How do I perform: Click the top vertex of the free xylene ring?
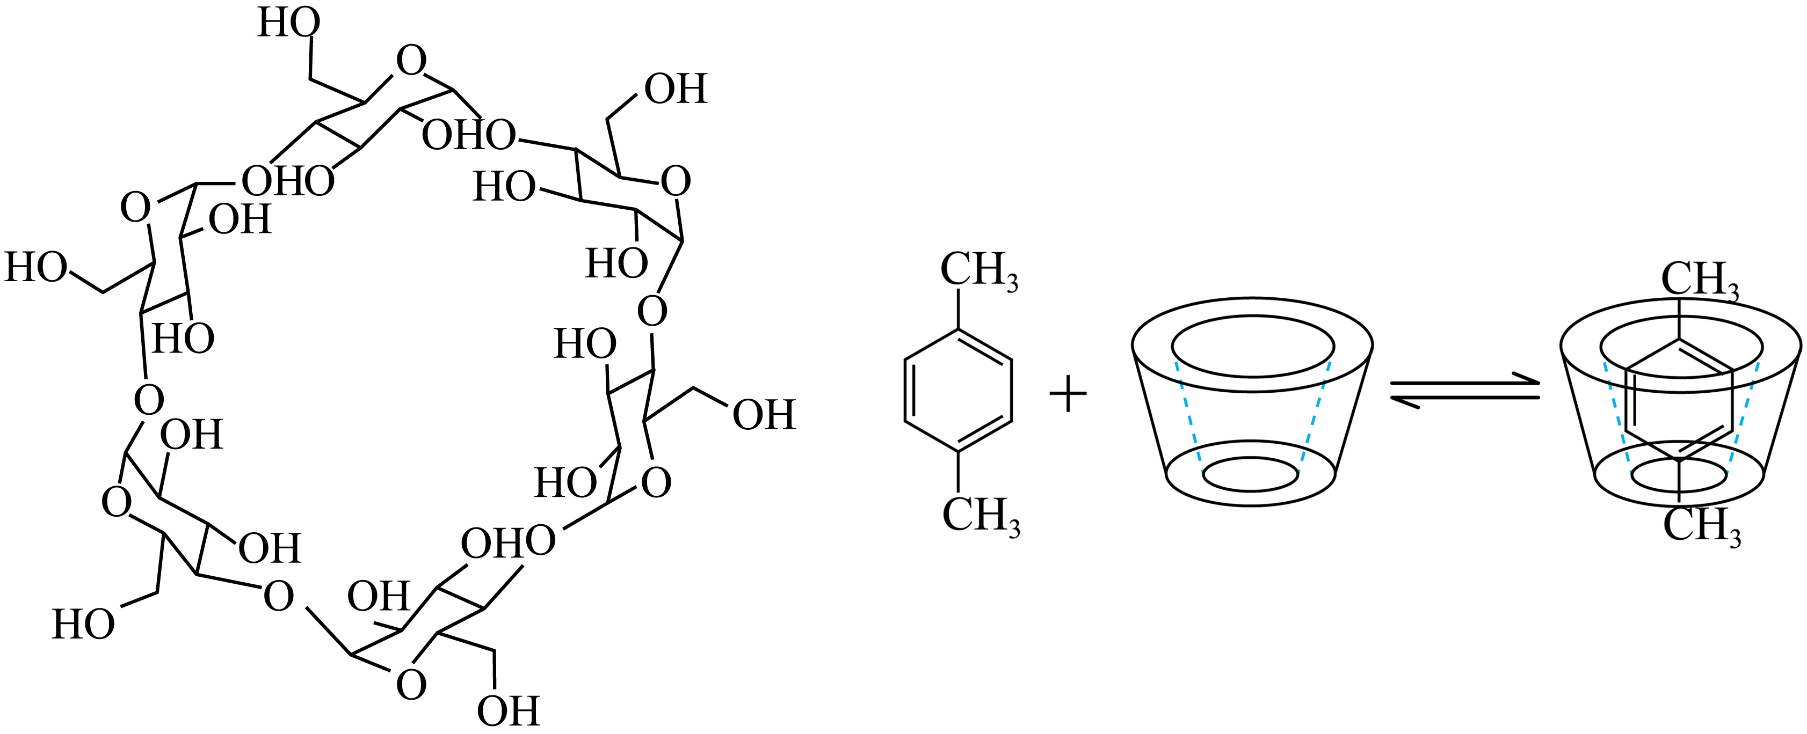[958, 329]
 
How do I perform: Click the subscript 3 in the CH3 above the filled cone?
[1734, 293]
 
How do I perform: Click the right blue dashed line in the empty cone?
[1314, 416]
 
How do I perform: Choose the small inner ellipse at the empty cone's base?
[1251, 474]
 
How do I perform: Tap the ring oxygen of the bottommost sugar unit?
[411, 684]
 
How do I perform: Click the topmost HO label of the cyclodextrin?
[289, 23]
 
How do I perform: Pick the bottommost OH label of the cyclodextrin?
[508, 711]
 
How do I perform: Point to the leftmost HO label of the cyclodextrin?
[37, 267]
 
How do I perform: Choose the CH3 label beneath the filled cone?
[1702, 524]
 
